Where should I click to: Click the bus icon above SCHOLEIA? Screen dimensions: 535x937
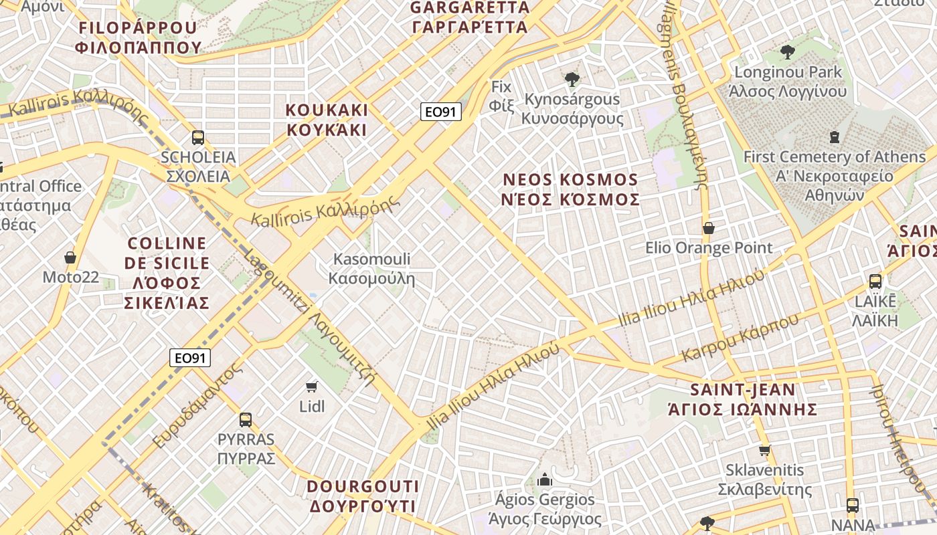pos(197,138)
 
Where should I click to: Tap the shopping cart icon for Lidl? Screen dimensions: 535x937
pos(311,387)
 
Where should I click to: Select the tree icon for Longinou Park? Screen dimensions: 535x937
pos(788,51)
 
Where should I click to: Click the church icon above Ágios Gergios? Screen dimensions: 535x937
pos(544,479)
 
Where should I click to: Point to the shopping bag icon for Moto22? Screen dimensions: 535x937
pos(70,257)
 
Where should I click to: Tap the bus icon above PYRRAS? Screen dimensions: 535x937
pos(246,420)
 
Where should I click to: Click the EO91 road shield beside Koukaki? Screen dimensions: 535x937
pos(441,112)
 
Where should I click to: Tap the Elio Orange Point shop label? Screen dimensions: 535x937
pos(709,248)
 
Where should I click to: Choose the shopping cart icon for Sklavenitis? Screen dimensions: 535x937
pos(764,450)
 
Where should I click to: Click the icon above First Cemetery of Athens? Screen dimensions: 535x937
pos(834,137)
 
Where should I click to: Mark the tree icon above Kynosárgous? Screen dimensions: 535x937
pos(572,80)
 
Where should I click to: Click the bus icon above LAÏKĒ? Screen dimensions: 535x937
pos(875,282)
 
